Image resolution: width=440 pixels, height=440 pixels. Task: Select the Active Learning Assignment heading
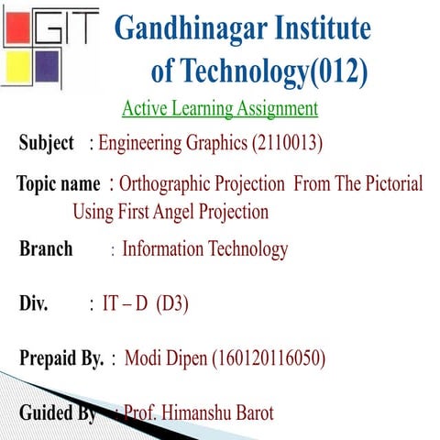click(220, 109)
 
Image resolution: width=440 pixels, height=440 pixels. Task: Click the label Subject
click(46, 144)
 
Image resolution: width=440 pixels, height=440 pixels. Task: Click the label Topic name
click(58, 184)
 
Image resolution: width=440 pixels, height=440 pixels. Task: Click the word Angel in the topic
click(168, 213)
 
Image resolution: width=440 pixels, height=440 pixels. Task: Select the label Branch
click(46, 249)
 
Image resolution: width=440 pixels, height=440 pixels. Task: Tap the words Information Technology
click(205, 249)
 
